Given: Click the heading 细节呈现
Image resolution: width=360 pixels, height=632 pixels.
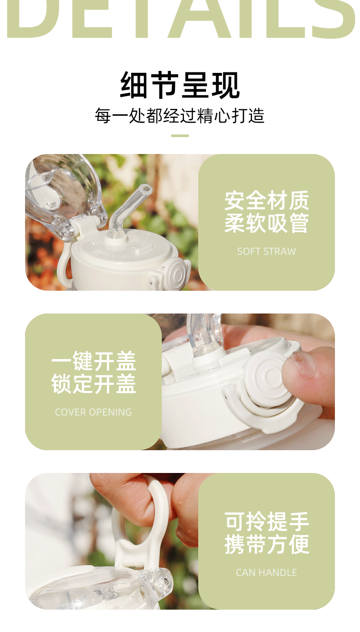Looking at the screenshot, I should click(180, 85).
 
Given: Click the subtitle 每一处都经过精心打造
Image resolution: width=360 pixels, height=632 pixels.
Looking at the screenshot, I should click(180, 115).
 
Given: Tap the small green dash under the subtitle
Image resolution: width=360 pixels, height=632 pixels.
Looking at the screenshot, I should click(180, 135).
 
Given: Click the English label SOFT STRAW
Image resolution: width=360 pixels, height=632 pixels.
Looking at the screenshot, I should click(266, 251).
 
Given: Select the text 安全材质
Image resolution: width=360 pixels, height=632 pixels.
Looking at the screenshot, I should click(266, 201).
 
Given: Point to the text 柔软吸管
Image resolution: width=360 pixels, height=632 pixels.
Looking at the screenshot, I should click(266, 224).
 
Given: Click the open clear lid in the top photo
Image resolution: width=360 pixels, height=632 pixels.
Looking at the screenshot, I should click(62, 191).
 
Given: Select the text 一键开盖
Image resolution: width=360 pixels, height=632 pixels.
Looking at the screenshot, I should click(93, 361).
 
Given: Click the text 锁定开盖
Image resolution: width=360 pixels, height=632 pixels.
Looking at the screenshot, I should click(93, 384).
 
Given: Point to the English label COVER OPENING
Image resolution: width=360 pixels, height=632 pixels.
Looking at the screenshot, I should click(93, 412).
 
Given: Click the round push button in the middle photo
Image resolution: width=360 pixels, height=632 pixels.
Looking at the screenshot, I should click(267, 376).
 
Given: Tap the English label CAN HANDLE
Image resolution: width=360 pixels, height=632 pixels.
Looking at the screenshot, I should click(266, 572).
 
